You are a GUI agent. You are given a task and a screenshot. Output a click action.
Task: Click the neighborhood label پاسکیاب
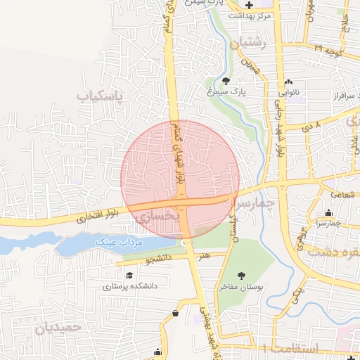tap(99, 94)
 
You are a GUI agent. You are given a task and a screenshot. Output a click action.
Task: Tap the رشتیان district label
tap(254, 43)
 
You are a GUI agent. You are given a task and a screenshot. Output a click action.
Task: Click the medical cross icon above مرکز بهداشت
tap(248, 6)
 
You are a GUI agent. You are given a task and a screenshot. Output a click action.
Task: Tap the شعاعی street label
tap(342, 193)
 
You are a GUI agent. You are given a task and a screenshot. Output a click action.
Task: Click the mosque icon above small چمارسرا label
tap(328, 213)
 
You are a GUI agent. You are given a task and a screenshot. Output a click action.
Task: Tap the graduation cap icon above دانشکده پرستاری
tap(129, 276)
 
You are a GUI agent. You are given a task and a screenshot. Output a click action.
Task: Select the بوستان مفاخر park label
tap(243, 287)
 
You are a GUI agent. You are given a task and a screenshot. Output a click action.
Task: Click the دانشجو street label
tap(158, 259)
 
